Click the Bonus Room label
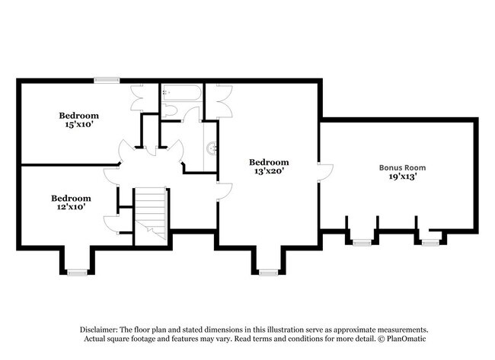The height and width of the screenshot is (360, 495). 402,167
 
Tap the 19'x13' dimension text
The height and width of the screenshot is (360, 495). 402,177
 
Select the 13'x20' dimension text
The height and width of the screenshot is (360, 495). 270,172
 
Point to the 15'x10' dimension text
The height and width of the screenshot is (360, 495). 79,126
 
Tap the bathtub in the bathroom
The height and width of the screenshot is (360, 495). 181,94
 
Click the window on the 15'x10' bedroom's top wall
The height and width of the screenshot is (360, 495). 107,79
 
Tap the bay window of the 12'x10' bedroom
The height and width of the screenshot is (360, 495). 76,271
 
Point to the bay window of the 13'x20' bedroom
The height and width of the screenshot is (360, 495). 267,271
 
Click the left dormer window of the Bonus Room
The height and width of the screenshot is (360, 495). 361,242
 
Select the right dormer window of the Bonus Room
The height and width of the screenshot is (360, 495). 431,242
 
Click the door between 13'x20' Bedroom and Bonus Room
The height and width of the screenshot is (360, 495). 324,172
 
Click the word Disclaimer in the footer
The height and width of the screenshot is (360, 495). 102,329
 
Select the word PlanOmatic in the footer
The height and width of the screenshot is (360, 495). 395,338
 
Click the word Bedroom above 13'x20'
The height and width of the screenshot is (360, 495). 270,162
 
